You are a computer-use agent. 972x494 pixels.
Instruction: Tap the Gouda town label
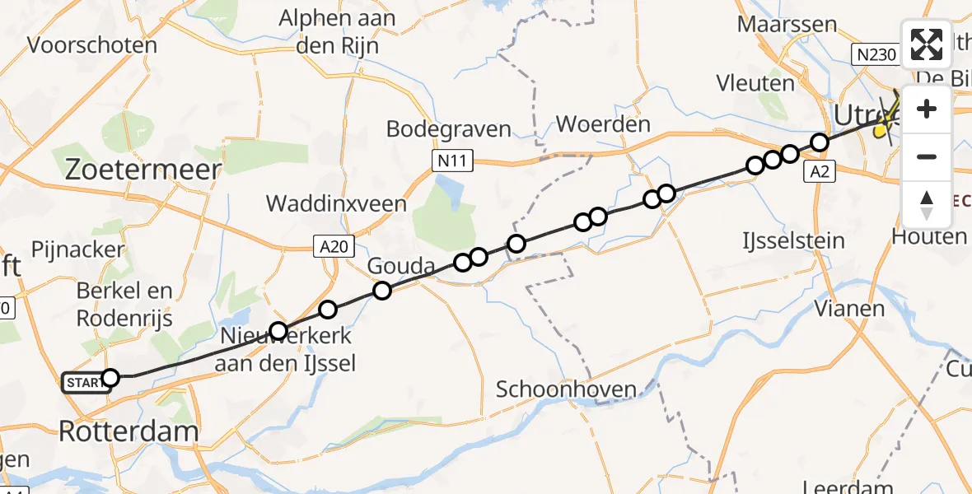click(x=400, y=266)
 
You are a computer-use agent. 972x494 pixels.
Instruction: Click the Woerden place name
click(x=603, y=125)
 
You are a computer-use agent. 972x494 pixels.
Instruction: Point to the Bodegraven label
click(x=449, y=129)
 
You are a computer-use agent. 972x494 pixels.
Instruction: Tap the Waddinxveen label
click(x=336, y=203)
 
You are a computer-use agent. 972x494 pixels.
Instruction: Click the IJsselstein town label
click(x=792, y=241)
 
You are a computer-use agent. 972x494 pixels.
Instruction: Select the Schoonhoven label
click(x=566, y=389)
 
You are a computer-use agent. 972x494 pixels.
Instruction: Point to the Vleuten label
click(x=755, y=83)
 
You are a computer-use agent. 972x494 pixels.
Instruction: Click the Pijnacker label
click(x=77, y=249)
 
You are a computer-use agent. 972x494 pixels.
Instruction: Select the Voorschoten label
click(x=92, y=44)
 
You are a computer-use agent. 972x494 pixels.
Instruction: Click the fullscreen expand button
click(x=927, y=44)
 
